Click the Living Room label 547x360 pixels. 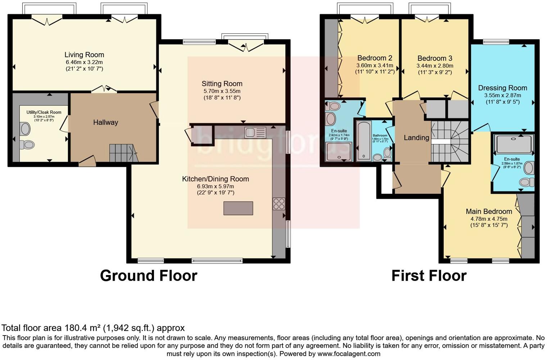84,55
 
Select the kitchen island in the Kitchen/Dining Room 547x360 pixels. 238,208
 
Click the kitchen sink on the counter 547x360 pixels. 255,132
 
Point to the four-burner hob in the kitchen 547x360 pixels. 279,204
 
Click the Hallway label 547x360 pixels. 105,122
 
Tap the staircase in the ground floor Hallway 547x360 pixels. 123,153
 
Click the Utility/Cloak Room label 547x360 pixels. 44,112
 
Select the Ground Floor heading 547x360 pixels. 148,276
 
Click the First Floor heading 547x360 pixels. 429,276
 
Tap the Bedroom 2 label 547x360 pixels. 375,58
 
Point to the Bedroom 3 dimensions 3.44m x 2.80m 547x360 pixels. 435,66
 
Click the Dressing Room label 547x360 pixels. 502,88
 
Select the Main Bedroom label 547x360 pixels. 489,211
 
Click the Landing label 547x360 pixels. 416,138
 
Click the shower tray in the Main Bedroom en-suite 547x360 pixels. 514,144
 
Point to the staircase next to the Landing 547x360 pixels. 450,142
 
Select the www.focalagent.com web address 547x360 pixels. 349,354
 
